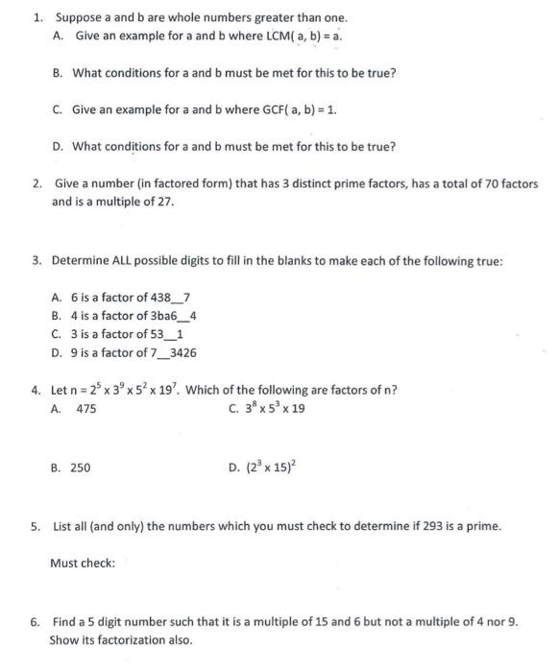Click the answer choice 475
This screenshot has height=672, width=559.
click(x=85, y=408)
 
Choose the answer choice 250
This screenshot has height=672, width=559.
click(x=81, y=467)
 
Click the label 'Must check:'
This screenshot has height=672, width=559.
click(x=83, y=564)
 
